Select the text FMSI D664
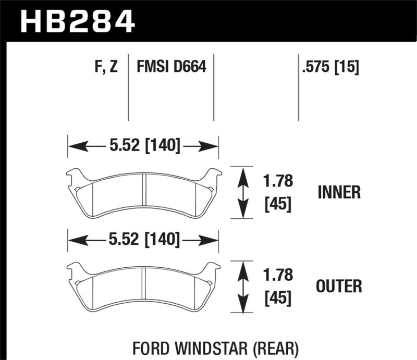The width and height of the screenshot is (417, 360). tap(171, 67)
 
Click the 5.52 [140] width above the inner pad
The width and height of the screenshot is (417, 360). tap(143, 146)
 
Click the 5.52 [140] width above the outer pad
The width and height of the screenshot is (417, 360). tap(143, 240)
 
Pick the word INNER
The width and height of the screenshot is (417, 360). tap(339, 193)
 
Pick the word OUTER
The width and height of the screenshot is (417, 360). tap(339, 286)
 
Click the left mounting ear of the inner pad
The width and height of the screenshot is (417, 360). tap(74, 177)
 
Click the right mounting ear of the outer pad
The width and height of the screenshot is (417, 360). tap(214, 270)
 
